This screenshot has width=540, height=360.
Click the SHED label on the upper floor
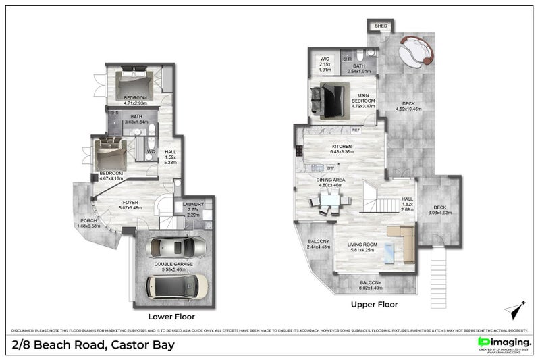point(381,26)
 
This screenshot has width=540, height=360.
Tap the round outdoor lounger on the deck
point(416,50)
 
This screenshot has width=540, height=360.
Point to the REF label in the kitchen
point(356,129)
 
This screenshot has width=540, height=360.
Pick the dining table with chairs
point(329,201)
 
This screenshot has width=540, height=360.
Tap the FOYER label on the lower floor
point(130,202)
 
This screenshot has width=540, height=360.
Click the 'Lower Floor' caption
point(171,315)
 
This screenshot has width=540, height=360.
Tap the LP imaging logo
point(503,342)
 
